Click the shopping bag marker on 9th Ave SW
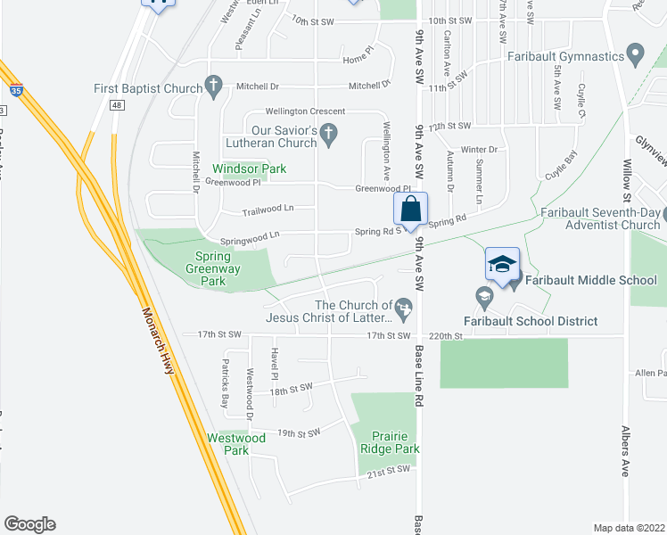pyautogui.click(x=410, y=211)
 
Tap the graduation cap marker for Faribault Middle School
pyautogui.click(x=502, y=265)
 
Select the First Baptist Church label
pyautogui.click(x=148, y=87)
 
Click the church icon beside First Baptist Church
pyautogui.click(x=212, y=86)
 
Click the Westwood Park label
pyautogui.click(x=236, y=444)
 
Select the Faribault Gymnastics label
pyautogui.click(x=564, y=56)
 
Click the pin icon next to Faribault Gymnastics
pyautogui.click(x=636, y=55)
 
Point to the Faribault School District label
pyautogui.click(x=531, y=321)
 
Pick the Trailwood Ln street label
pyautogui.click(x=268, y=212)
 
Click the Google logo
pyautogui.click(x=29, y=524)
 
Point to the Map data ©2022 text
pyautogui.click(x=628, y=528)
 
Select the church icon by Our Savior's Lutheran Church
pyautogui.click(x=328, y=136)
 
